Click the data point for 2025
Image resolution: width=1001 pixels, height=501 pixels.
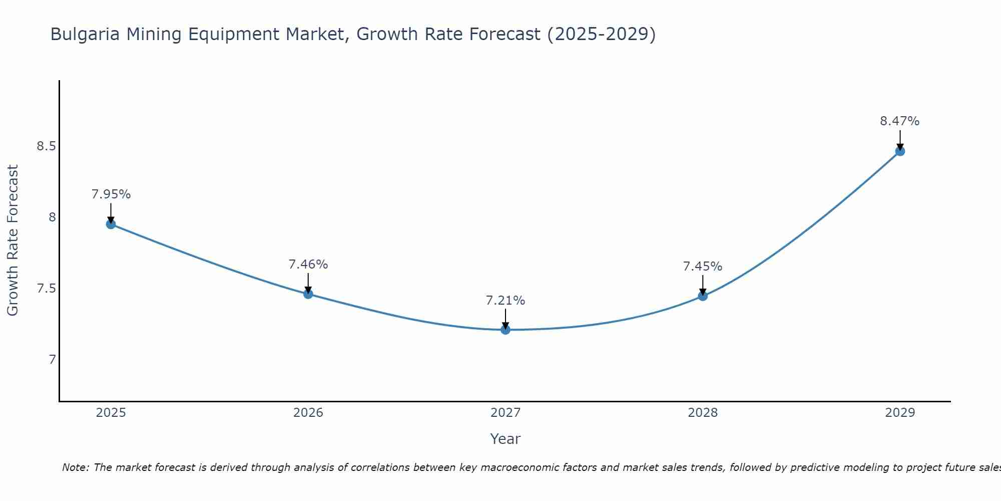point(111,224)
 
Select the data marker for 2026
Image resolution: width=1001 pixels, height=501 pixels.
point(308,294)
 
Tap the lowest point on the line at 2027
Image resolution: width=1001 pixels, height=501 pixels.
point(505,329)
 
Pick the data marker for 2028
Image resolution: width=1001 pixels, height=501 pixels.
point(702,296)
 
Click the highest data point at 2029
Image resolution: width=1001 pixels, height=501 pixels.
point(899,151)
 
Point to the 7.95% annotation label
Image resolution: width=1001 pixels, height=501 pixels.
point(111,194)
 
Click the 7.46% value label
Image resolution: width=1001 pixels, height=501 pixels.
point(308,264)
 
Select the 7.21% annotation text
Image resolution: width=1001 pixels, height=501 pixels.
point(505,301)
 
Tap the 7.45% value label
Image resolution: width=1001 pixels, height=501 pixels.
point(702,267)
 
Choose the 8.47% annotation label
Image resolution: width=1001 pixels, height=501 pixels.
point(899,121)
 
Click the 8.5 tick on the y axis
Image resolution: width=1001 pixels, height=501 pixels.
point(46,146)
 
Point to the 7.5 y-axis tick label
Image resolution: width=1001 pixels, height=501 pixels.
point(46,289)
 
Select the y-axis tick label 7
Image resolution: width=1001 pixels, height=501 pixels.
point(52,360)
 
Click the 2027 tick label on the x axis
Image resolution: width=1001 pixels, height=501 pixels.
point(505,413)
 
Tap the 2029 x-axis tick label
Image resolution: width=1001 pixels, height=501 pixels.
point(899,413)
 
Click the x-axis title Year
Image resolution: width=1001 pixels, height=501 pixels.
point(505,439)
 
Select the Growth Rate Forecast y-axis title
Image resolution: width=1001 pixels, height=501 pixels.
point(13,240)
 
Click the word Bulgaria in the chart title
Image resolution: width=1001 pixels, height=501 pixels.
point(85,35)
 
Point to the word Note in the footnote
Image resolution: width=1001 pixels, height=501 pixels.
point(75,467)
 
